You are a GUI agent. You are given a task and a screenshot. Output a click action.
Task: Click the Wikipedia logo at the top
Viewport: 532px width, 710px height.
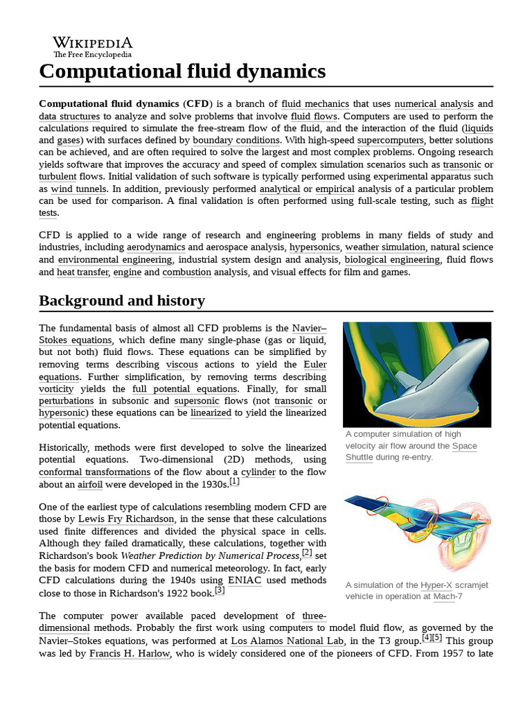[x=93, y=46]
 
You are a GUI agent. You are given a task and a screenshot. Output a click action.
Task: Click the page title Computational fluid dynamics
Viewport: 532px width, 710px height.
[x=182, y=71]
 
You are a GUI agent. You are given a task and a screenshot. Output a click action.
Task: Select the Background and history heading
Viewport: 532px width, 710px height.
[x=122, y=300]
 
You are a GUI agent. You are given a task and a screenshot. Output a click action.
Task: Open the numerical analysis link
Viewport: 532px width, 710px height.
[x=434, y=104]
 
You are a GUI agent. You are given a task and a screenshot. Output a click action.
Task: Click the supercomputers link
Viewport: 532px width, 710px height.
[x=390, y=140]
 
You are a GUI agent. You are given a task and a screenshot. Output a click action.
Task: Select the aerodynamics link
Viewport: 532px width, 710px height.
[x=156, y=248]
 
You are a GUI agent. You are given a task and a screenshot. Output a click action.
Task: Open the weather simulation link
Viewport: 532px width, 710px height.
[x=385, y=248]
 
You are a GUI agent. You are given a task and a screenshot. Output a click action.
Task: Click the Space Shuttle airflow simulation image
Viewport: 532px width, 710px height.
[x=417, y=374]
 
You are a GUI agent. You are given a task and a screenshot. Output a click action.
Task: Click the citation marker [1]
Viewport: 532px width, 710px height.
[x=234, y=481]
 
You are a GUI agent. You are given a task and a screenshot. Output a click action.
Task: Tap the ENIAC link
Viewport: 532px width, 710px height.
[x=244, y=580]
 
